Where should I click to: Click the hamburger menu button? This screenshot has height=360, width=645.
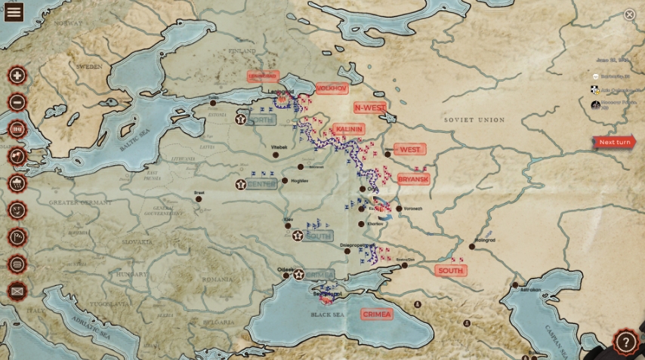pyautogui.click(x=14, y=11)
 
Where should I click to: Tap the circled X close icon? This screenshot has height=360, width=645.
pyautogui.click(x=629, y=14)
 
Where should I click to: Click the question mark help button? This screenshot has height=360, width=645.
pyautogui.click(x=625, y=342)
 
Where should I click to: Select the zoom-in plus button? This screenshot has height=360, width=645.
pyautogui.click(x=17, y=75)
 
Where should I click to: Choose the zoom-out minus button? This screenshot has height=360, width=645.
pyautogui.click(x=17, y=103)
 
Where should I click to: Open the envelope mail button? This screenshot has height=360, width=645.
pyautogui.click(x=17, y=291)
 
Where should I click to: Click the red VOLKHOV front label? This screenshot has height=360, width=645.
pyautogui.click(x=332, y=88)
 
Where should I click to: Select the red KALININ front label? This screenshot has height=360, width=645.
pyautogui.click(x=347, y=129)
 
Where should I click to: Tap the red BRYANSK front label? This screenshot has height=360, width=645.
pyautogui.click(x=413, y=179)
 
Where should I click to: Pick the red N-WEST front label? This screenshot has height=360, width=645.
pyautogui.click(x=369, y=108)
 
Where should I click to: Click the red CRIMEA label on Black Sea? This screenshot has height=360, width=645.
pyautogui.click(x=376, y=314)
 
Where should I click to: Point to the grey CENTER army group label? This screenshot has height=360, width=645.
pyautogui.click(x=261, y=184)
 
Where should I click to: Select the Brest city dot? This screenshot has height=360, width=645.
pyautogui.click(x=199, y=198)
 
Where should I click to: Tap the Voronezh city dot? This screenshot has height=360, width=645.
pyautogui.click(x=399, y=208)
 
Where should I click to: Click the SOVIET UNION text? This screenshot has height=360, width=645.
pyautogui.click(x=474, y=120)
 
